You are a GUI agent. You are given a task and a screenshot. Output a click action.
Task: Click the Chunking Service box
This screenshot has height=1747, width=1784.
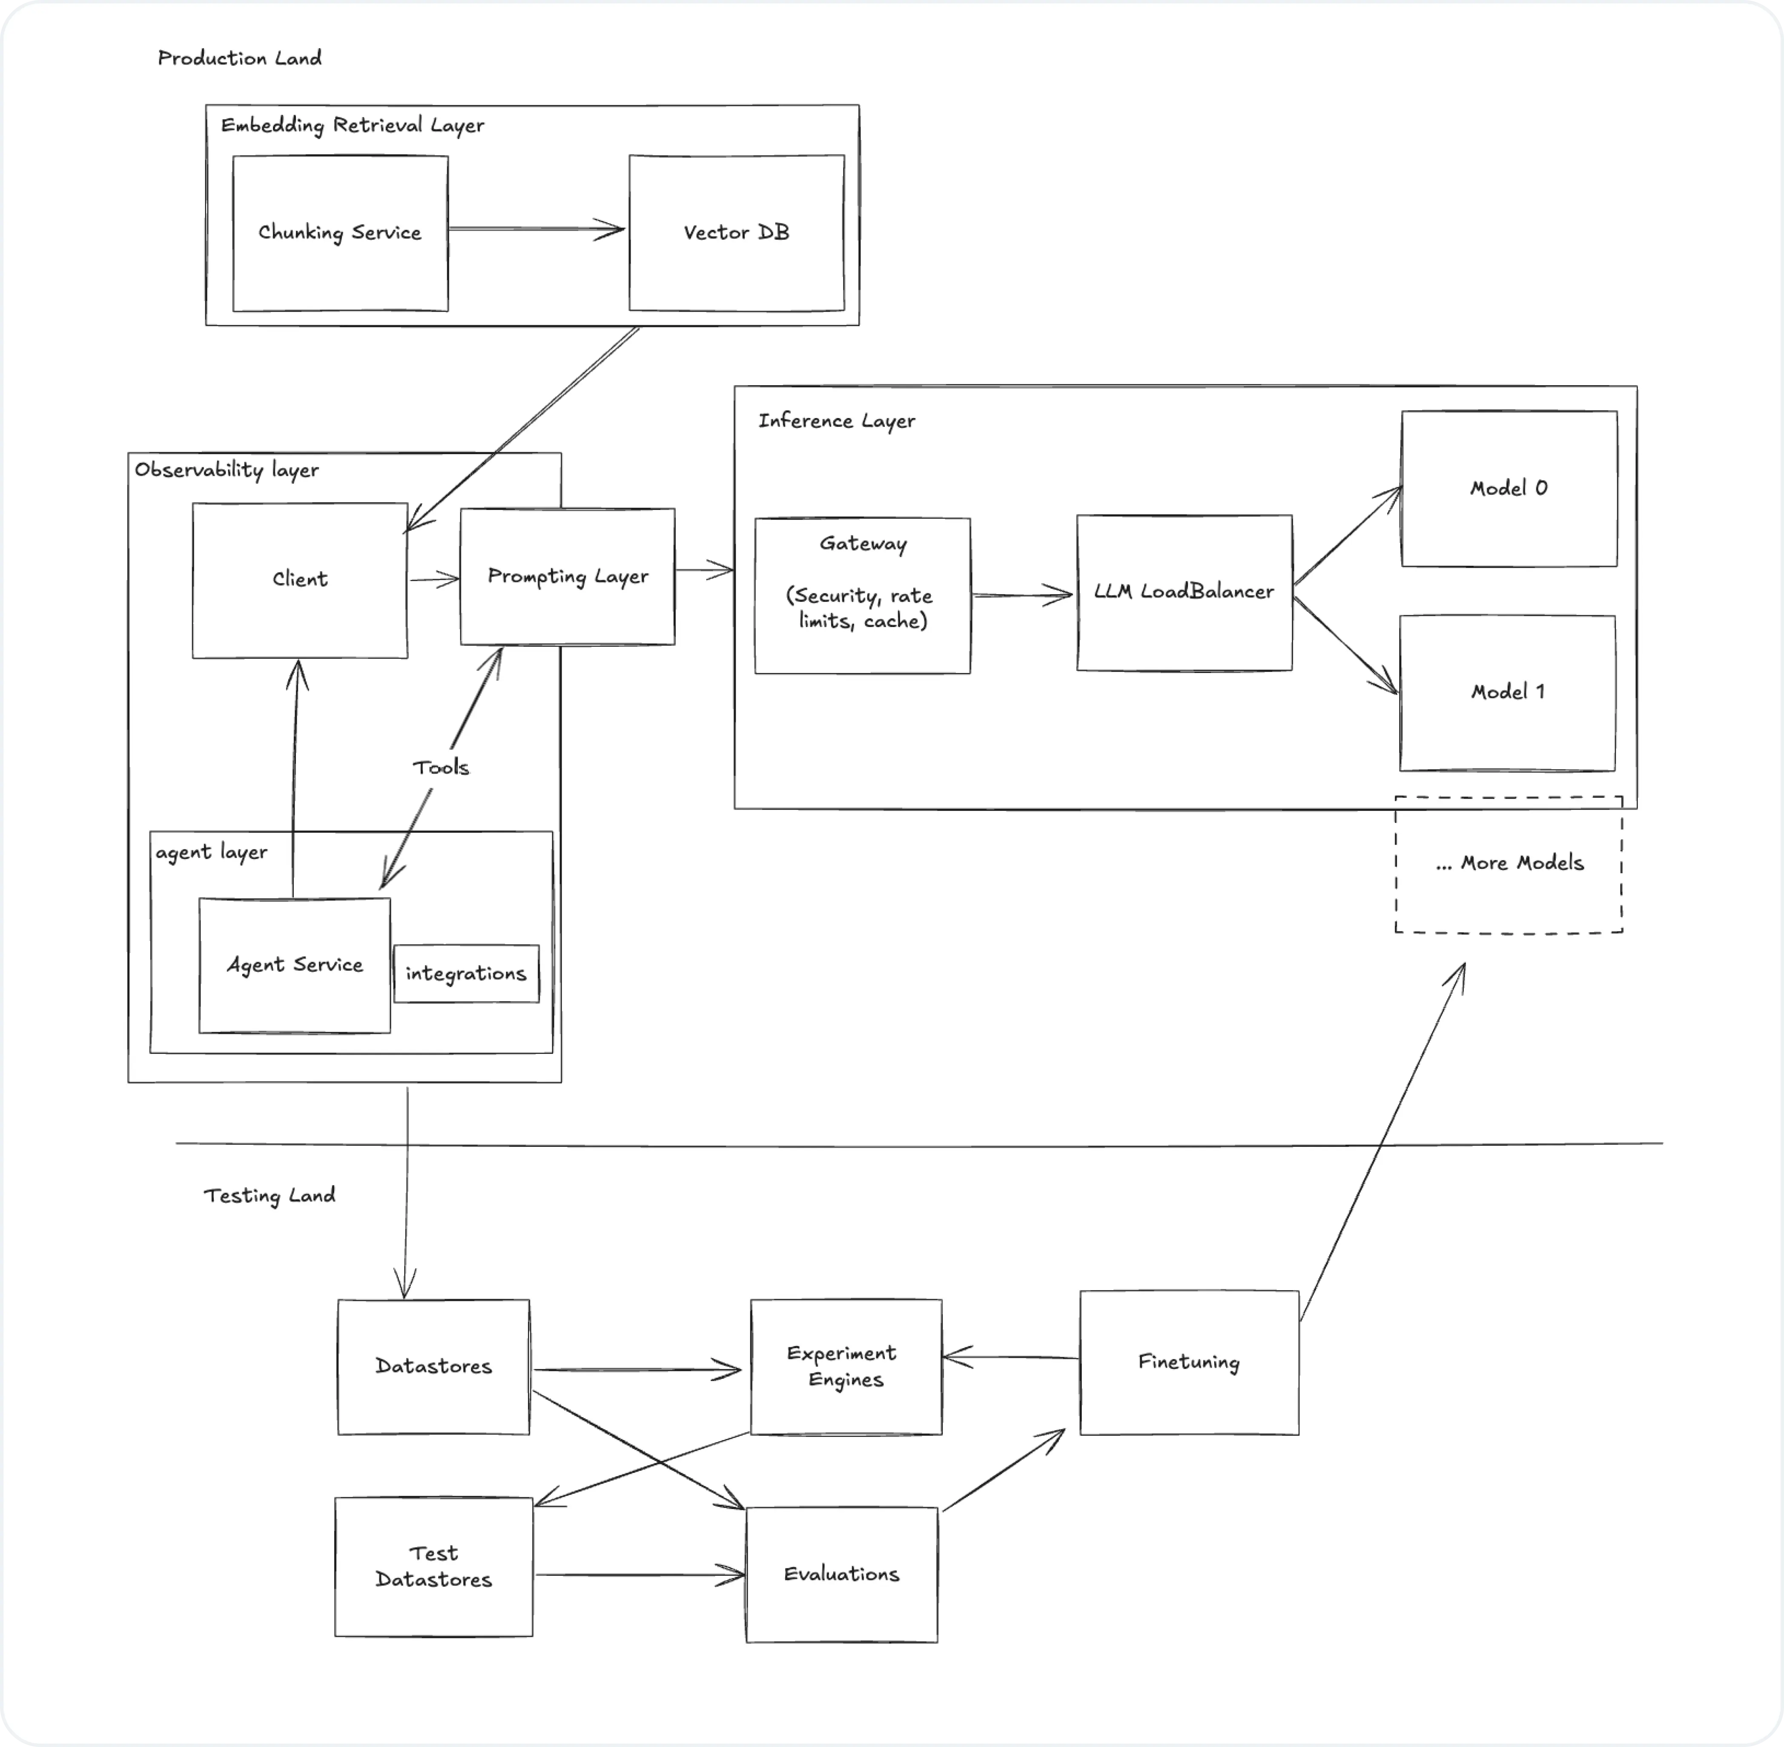(x=339, y=233)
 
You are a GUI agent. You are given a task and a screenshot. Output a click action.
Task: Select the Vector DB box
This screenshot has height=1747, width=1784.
(x=736, y=233)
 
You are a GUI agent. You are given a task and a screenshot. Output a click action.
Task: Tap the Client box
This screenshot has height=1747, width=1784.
(x=299, y=580)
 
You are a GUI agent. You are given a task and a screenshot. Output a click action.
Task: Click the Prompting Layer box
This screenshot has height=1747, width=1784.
(x=567, y=576)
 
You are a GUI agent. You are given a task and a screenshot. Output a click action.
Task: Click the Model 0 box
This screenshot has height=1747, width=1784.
(x=1509, y=488)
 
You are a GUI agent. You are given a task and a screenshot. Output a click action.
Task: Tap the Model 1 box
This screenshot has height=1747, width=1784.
(x=1507, y=693)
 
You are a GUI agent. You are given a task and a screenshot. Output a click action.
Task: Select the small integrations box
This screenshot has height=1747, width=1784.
(x=466, y=974)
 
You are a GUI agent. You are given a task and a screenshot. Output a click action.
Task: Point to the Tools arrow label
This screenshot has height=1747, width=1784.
(x=441, y=767)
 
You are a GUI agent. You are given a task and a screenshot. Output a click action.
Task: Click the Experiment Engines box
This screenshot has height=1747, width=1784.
(x=845, y=1366)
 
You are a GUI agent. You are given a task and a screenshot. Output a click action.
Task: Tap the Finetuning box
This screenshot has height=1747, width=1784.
(x=1188, y=1363)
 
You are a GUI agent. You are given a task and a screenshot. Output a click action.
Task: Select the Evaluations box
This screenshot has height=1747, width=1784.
(x=841, y=1575)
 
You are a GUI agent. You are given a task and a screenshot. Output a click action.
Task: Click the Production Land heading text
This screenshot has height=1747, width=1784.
(x=240, y=58)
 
